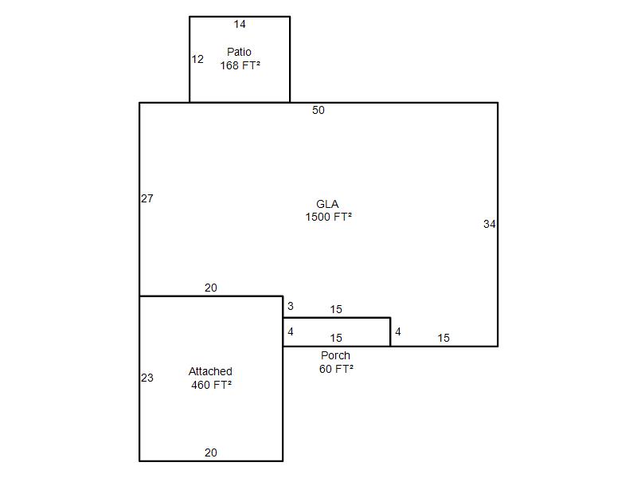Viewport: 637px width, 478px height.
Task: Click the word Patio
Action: point(239,52)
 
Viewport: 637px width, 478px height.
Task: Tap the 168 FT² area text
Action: point(240,65)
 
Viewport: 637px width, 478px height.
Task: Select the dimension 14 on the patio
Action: point(240,25)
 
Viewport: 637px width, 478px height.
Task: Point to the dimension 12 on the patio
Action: point(197,59)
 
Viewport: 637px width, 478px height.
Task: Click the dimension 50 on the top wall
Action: point(318,110)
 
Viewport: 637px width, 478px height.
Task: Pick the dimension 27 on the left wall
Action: point(147,198)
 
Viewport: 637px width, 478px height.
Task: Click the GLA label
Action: point(327,204)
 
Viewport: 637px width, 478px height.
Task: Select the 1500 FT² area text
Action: point(328,217)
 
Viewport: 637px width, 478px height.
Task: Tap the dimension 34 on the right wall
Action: point(489,224)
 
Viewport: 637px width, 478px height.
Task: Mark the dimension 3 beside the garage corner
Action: point(291,306)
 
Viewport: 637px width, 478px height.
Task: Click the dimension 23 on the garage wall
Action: point(147,378)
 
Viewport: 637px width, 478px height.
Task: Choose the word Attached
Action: point(210,371)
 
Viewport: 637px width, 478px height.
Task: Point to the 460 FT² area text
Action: point(211,385)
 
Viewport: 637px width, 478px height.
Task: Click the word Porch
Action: point(335,355)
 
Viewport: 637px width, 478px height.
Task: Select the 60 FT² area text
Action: point(336,369)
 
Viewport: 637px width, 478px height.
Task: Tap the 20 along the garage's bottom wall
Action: point(211,453)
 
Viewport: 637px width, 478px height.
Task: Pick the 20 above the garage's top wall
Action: point(211,288)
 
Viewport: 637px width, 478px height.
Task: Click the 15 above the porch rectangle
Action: point(336,309)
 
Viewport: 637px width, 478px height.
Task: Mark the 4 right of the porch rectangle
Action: point(398,331)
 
